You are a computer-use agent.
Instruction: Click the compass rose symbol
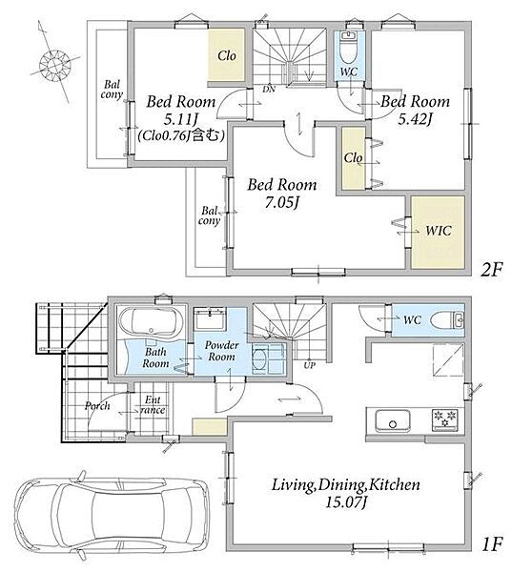54,64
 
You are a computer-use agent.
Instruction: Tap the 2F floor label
491,271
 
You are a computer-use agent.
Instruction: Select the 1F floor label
492,545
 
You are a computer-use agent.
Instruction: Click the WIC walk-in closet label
439,231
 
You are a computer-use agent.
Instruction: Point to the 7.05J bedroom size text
281,202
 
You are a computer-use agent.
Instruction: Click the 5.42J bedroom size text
416,119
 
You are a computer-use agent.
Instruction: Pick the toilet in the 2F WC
349,48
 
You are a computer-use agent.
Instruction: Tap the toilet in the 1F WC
447,320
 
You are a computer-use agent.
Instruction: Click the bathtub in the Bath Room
152,322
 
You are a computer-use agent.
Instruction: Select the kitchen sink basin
393,421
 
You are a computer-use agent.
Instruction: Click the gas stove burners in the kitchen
445,419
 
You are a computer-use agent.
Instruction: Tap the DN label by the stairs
269,89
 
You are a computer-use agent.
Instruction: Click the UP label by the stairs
310,365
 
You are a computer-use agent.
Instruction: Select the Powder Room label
222,351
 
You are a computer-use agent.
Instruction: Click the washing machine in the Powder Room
269,358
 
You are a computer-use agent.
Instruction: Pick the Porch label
97,406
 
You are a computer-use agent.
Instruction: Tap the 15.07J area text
345,502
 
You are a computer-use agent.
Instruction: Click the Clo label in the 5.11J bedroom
227,55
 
